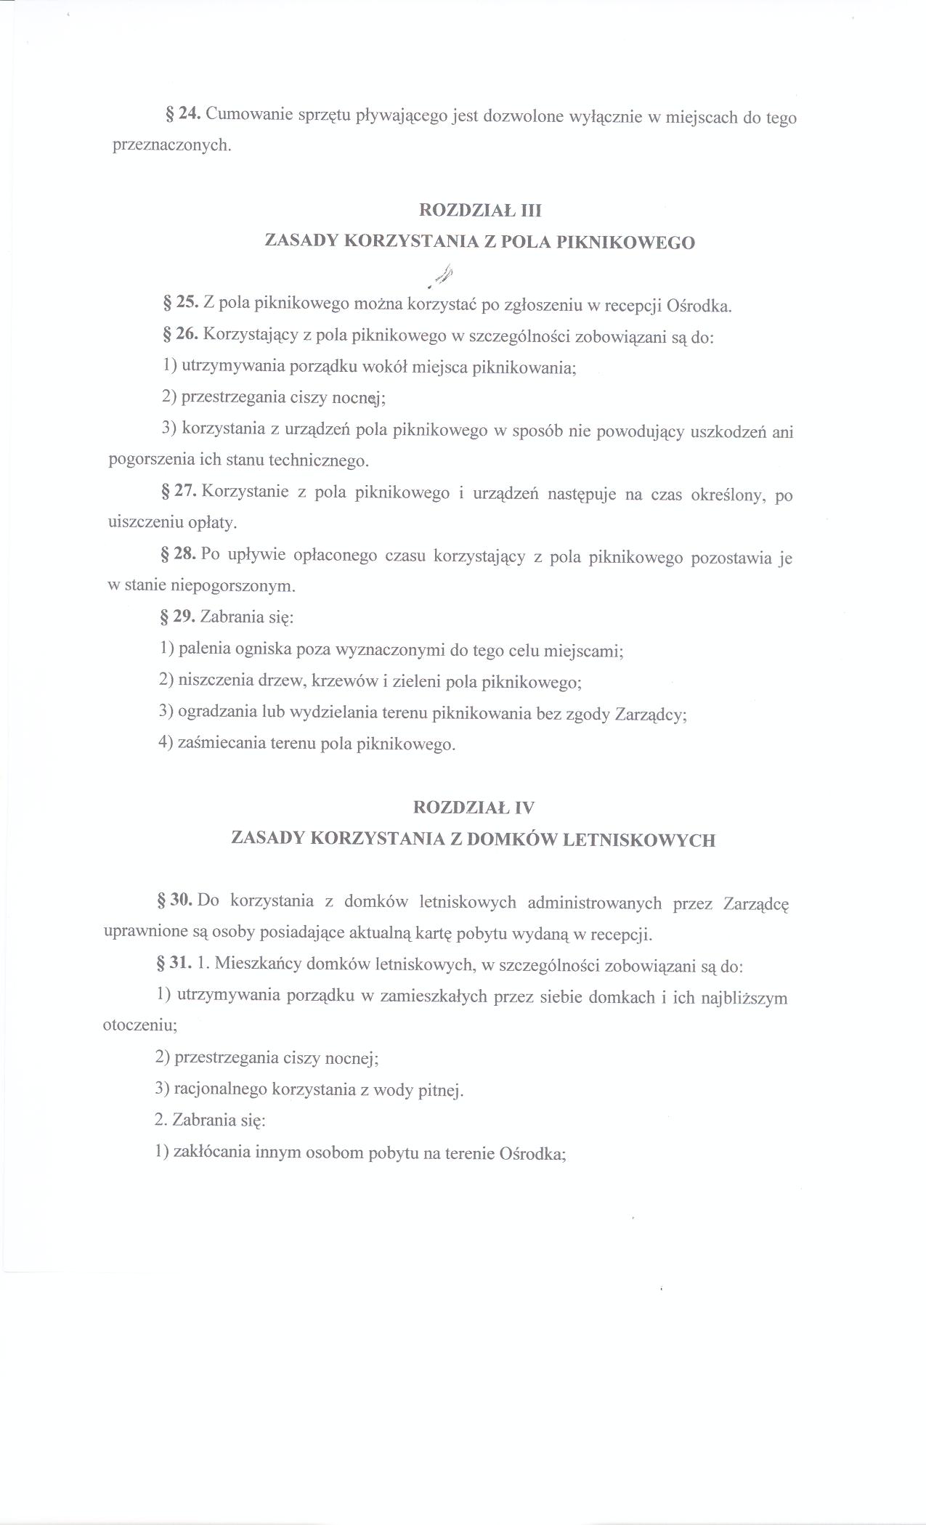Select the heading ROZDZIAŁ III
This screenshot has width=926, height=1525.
point(481,211)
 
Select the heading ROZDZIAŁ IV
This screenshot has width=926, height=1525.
point(474,807)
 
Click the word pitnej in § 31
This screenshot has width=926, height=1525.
point(441,1091)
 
